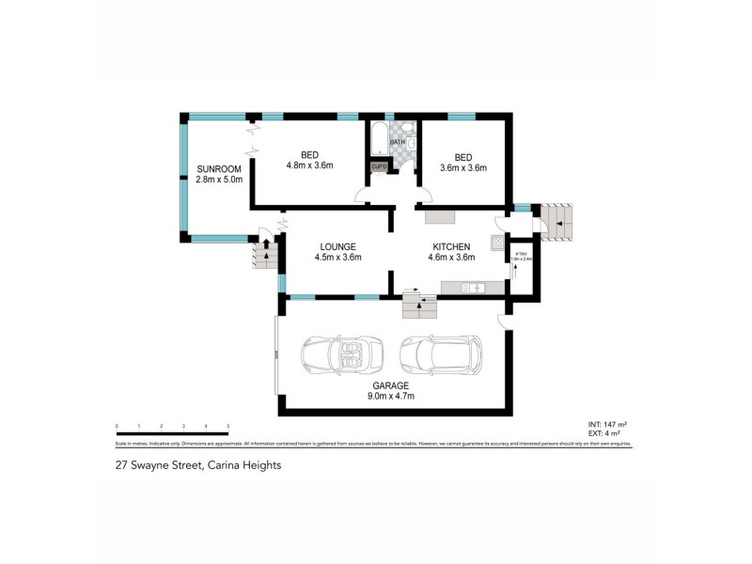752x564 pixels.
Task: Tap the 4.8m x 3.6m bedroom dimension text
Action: point(310,165)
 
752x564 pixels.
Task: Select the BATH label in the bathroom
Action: point(410,142)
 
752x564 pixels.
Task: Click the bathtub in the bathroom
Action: point(379,140)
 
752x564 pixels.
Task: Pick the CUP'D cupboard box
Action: point(380,167)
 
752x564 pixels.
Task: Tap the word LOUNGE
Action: point(337,246)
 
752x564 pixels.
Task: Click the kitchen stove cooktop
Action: point(496,243)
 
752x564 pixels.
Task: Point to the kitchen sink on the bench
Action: point(476,286)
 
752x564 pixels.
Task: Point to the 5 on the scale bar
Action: point(228,426)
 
